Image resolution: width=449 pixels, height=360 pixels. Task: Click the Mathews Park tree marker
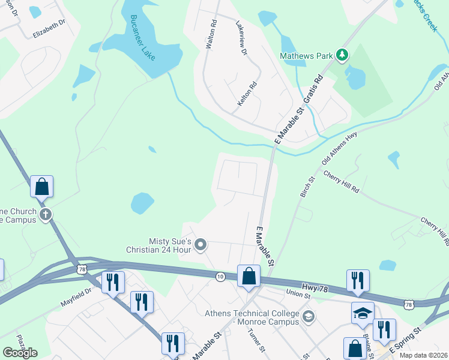point(342,56)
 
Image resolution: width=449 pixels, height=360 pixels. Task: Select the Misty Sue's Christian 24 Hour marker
point(200,244)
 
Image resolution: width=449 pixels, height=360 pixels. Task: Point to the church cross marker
point(45,214)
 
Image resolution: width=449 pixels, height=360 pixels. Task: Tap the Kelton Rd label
point(248,94)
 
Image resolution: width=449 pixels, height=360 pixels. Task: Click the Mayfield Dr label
point(75,298)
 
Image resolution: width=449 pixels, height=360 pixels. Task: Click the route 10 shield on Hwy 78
point(221,276)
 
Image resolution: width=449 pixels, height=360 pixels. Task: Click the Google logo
point(20,353)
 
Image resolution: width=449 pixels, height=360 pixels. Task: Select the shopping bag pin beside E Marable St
point(249,277)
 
